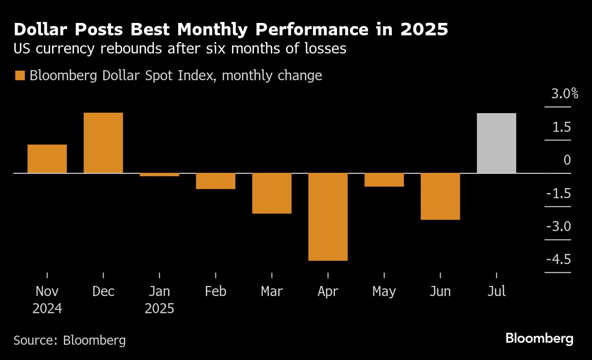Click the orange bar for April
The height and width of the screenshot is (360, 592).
[x=328, y=217]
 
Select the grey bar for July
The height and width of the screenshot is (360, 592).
[x=497, y=143]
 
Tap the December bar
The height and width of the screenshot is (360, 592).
[x=103, y=143]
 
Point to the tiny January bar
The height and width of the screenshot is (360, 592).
[x=159, y=175]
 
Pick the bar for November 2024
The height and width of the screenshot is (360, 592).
[x=47, y=159]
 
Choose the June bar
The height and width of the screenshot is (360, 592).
[x=440, y=196]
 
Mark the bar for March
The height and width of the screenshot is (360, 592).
[x=272, y=193]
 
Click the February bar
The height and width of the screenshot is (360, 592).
[x=216, y=181]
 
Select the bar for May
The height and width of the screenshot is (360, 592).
[x=384, y=180]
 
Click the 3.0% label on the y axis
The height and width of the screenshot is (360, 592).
[x=565, y=94]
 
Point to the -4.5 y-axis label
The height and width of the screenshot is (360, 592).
[x=559, y=260]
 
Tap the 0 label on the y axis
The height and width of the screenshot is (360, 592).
[x=567, y=160]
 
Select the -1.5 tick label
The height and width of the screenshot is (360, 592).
[x=559, y=193]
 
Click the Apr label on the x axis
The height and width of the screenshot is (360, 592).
[x=328, y=291]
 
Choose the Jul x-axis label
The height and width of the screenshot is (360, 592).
[x=497, y=291]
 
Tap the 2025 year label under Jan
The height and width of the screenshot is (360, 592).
[x=159, y=308]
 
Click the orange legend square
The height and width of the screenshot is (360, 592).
[x=20, y=76]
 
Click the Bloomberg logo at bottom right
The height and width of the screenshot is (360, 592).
[x=539, y=339]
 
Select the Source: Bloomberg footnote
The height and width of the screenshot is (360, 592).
[x=70, y=340]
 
